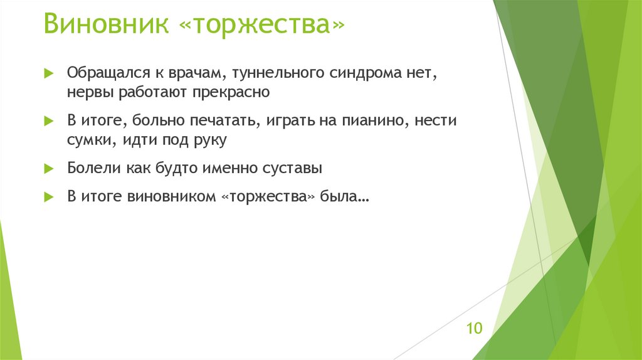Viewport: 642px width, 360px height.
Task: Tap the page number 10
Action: pyautogui.click(x=474, y=328)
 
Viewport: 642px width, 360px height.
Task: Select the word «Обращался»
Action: pyautogui.click(x=102, y=73)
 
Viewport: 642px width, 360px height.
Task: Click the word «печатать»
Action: pyautogui.click(x=228, y=120)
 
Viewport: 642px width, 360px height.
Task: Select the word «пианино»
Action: pyautogui.click(x=373, y=120)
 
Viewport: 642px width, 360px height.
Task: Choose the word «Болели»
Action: pyautogui.click(x=89, y=167)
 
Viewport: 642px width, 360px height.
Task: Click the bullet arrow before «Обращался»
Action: pyautogui.click(x=50, y=74)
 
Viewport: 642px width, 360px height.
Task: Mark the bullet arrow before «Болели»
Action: pyautogui.click(x=50, y=168)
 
